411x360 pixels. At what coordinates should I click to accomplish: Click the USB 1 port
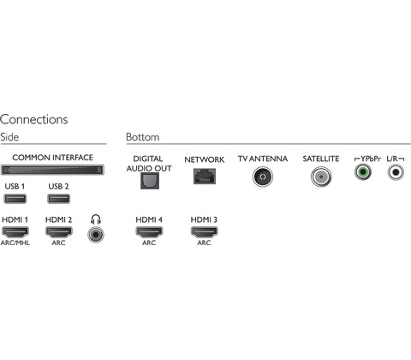coord(15,199)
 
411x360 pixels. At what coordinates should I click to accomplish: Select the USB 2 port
coord(58,199)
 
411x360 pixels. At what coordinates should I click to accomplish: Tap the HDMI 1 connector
coord(15,231)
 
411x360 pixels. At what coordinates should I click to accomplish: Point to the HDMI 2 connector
coord(59,231)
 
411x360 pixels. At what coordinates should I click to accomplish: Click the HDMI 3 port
coord(204,231)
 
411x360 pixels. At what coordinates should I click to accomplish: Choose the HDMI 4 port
coord(149,231)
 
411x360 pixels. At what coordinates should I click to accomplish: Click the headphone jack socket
coord(96,235)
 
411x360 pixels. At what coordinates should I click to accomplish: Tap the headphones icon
coord(96,219)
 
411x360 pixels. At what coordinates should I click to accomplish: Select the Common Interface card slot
coord(52,170)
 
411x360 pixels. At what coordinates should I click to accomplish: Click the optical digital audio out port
coord(150,181)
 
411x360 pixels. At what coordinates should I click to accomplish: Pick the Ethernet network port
coord(205,176)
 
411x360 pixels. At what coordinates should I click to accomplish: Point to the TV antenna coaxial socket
coord(263,177)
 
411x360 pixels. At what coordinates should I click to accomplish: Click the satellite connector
coord(321,177)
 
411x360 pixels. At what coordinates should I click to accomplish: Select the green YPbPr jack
coord(363,172)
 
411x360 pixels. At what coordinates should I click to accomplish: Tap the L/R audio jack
coord(396,172)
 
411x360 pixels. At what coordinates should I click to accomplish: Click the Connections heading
coord(34,119)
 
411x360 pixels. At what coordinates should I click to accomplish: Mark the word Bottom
coord(143,137)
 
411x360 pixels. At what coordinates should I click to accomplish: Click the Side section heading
coord(9,137)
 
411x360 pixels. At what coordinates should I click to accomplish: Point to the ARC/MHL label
coord(15,243)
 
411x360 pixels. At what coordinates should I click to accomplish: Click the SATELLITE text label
coord(321,159)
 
